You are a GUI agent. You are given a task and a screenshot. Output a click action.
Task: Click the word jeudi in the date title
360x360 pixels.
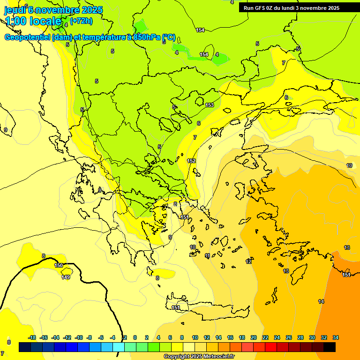(x=15, y=9)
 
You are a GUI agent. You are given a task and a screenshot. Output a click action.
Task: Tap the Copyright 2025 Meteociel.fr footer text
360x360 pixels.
(x=199, y=356)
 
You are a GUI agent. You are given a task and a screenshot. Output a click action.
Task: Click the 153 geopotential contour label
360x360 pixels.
(x=210, y=105)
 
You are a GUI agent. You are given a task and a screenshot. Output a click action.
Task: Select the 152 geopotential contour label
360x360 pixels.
(x=191, y=161)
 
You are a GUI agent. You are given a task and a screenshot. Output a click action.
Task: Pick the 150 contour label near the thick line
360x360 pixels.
(x=59, y=265)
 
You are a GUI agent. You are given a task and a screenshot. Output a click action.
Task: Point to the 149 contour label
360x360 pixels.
(x=66, y=277)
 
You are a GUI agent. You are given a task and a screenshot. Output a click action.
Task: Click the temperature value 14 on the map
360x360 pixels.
(x=321, y=301)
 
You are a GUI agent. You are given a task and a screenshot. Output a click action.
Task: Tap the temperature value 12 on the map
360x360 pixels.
(x=248, y=262)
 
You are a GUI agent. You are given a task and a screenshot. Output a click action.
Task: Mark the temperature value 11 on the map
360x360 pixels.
(x=207, y=255)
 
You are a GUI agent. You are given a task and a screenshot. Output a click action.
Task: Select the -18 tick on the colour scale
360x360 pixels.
(x=32, y=337)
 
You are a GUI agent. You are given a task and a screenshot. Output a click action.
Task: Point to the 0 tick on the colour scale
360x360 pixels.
(x=135, y=337)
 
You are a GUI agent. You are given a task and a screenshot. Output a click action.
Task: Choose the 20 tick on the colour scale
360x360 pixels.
(x=254, y=337)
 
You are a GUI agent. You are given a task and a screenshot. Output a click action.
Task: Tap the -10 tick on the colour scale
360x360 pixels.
(x=79, y=337)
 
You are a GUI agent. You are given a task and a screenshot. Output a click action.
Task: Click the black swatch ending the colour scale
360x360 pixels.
(x=330, y=347)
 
